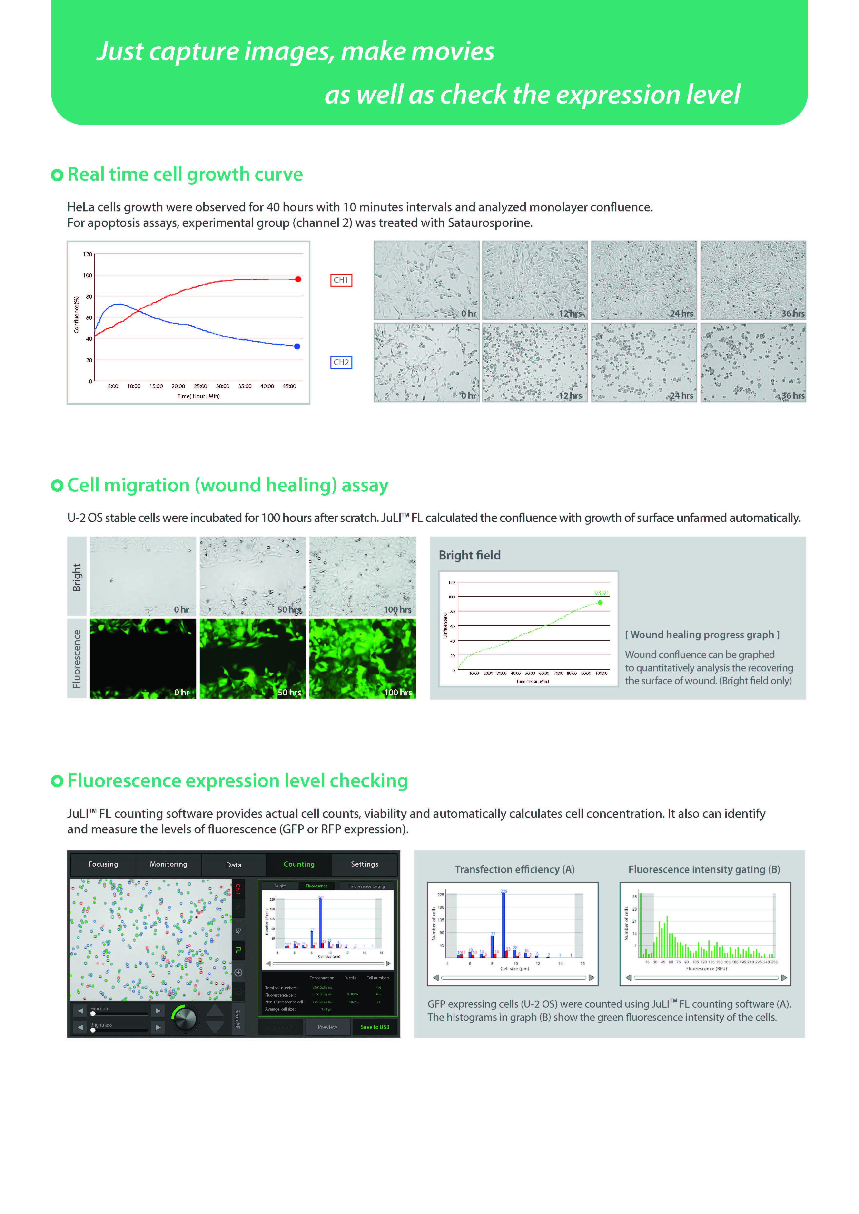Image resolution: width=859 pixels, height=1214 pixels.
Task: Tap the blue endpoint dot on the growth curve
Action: tap(297, 346)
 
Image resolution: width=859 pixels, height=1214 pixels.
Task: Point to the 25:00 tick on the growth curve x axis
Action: tap(200, 386)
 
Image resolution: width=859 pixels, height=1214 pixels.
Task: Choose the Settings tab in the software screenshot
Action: tap(365, 864)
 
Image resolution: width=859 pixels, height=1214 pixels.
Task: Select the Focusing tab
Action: tap(103, 864)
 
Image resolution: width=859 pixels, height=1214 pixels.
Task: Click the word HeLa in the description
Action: tap(78, 207)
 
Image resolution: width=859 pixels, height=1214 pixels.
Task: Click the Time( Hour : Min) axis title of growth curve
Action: tap(198, 396)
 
